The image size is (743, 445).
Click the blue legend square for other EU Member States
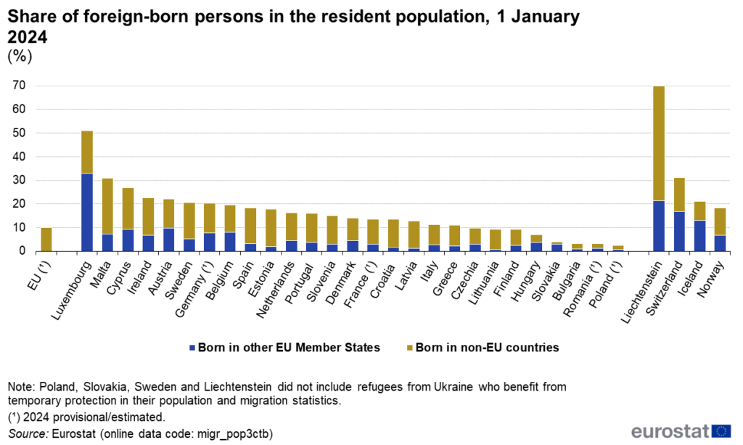click(x=192, y=348)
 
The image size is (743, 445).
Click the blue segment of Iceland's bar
click(x=699, y=236)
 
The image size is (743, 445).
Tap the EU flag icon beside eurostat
click(x=721, y=430)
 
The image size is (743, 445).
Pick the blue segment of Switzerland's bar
click(x=678, y=232)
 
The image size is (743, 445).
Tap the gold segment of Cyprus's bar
click(x=128, y=208)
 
